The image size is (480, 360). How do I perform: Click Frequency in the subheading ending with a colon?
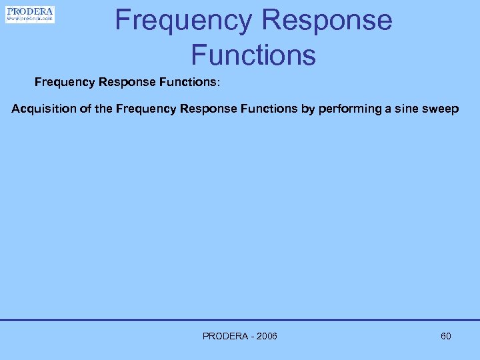click(x=65, y=83)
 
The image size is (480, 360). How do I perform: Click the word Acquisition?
click(x=41, y=109)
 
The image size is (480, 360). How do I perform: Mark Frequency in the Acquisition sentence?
click(x=145, y=109)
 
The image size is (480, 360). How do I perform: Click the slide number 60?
click(x=446, y=336)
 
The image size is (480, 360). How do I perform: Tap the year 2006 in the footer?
click(x=265, y=336)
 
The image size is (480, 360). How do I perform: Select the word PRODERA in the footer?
click(x=225, y=336)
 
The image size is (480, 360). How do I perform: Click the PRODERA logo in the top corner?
click(x=30, y=14)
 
